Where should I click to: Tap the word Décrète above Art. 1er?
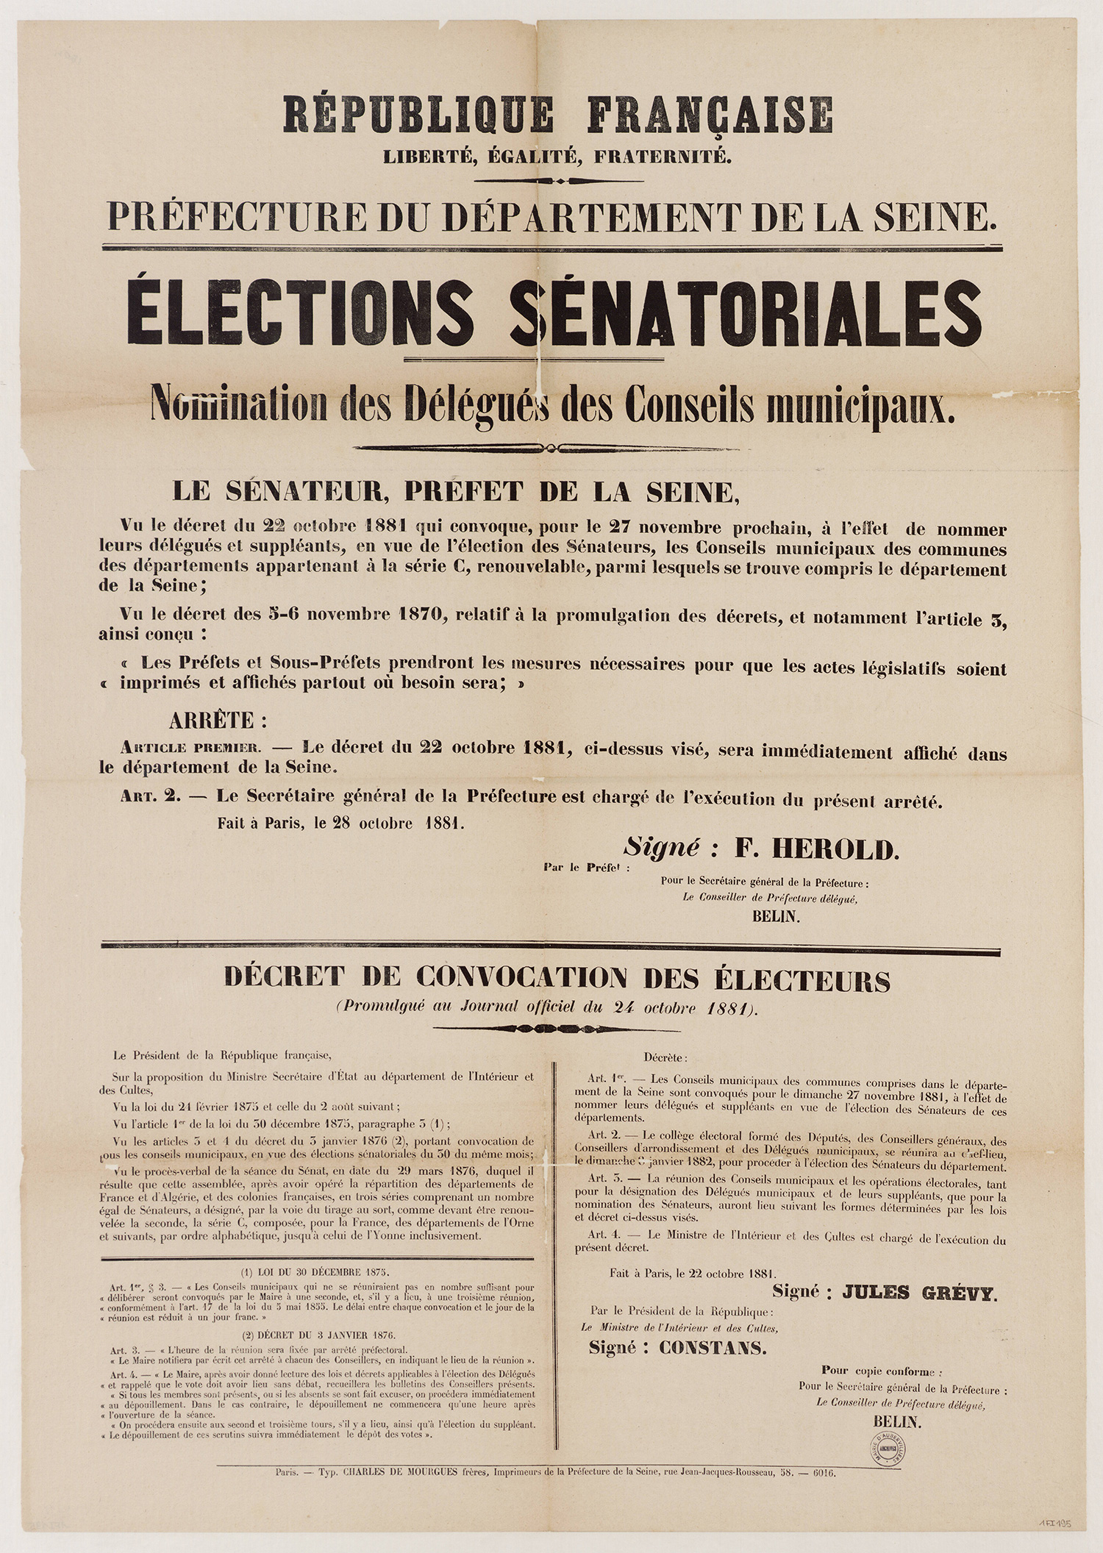tap(665, 1058)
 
